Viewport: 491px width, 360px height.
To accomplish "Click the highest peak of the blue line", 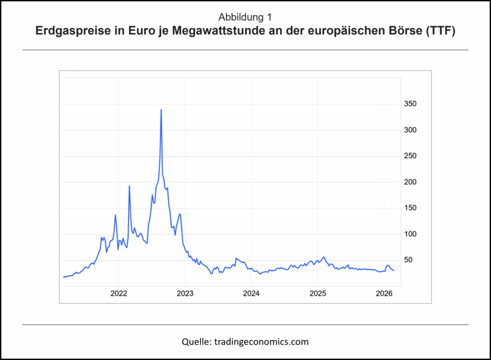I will [161, 110].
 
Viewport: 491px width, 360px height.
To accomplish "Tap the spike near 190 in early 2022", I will [129, 186].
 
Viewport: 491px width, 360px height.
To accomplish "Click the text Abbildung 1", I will [245, 18].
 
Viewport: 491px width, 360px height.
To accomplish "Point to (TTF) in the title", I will [441, 33].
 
